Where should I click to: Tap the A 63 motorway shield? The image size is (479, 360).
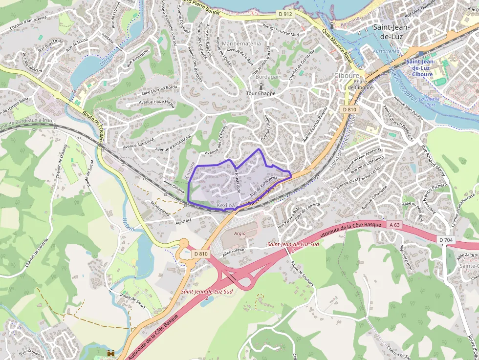[x=395, y=225]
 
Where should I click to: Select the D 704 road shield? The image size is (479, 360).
[x=446, y=240]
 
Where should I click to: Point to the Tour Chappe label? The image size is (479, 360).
[x=261, y=93]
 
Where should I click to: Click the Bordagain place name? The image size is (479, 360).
[x=268, y=77]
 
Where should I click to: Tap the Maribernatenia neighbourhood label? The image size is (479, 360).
[x=241, y=43]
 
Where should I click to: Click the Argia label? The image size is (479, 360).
[x=239, y=233]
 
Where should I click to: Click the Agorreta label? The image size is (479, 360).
[x=183, y=220]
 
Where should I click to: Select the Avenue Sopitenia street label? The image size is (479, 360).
[x=139, y=144]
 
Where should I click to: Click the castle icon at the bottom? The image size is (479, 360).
[x=110, y=352]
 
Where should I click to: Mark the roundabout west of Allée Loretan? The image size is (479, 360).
[x=184, y=243]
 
